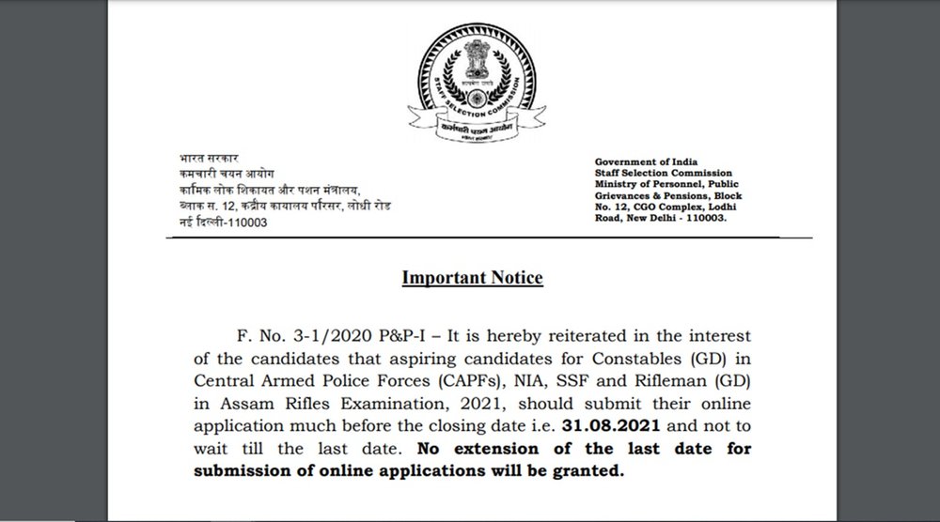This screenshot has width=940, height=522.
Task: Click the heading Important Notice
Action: click(472, 278)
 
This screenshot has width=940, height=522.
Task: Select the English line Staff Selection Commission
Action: click(656, 174)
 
